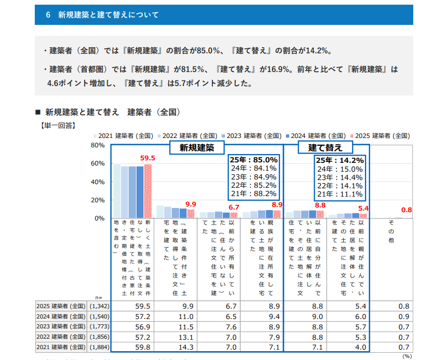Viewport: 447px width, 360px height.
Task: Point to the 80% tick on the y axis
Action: tap(98, 145)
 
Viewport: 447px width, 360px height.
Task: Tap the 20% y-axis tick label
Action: tap(98, 200)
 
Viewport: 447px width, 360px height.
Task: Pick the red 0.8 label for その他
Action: tap(407, 210)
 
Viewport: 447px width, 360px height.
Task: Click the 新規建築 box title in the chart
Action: tap(197, 148)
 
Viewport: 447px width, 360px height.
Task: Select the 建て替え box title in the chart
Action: tap(326, 148)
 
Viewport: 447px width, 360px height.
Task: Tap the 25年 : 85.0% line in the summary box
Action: tap(254, 160)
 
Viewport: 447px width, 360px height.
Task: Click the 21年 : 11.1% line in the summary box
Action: tap(340, 195)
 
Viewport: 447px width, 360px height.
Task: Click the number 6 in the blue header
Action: tap(48, 15)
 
